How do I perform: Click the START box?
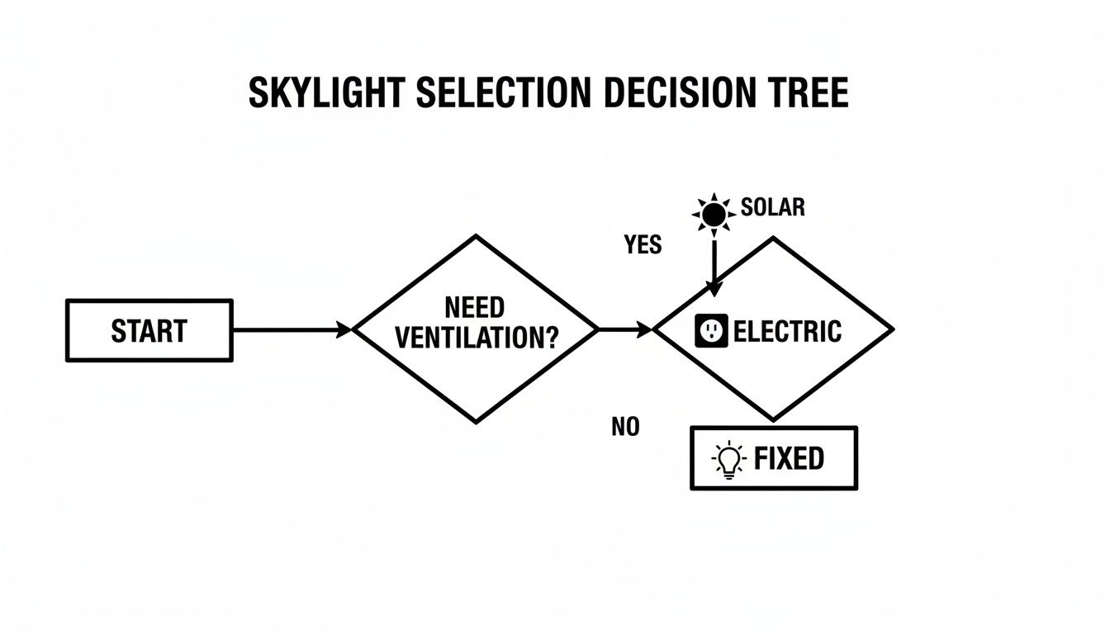[x=149, y=331]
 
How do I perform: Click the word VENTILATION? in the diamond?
[x=476, y=338]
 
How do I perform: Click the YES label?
[x=643, y=245]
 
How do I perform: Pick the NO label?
[x=625, y=427]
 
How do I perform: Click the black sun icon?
[x=713, y=214]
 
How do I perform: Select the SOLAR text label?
[x=773, y=207]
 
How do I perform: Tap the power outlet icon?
[x=711, y=331]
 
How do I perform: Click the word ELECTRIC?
[x=787, y=332]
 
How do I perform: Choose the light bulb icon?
[x=728, y=460]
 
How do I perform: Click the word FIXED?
[x=789, y=459]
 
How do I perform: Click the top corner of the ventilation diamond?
[x=476, y=237]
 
